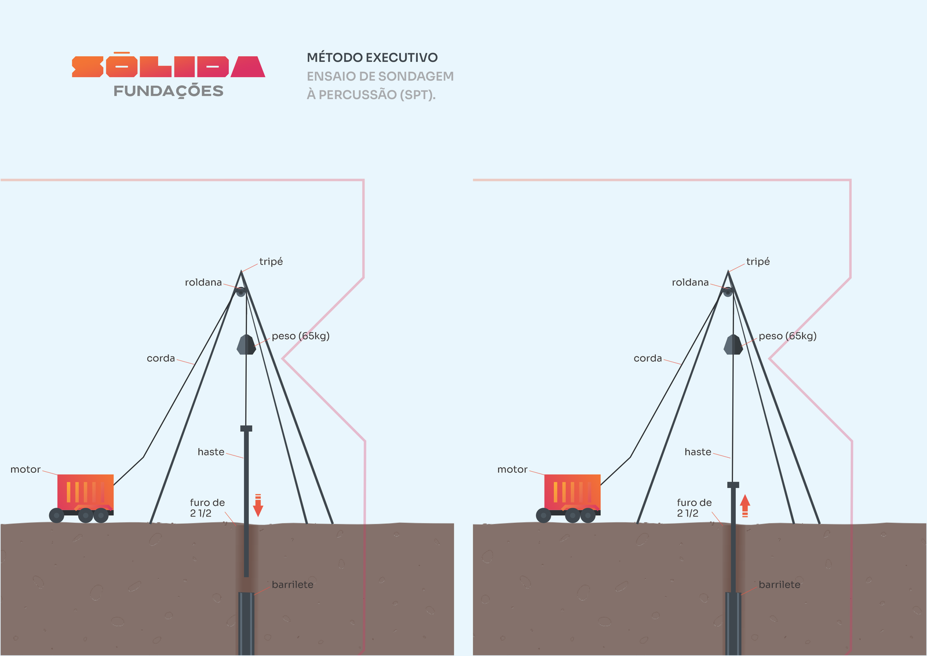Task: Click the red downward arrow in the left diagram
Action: pyautogui.click(x=258, y=505)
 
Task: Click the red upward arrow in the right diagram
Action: pyautogui.click(x=745, y=506)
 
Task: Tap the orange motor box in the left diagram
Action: pyautogui.click(x=85, y=493)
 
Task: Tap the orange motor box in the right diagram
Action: pyautogui.click(x=572, y=493)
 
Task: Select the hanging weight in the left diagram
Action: pyautogui.click(x=246, y=344)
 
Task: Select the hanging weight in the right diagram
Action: pyautogui.click(x=733, y=344)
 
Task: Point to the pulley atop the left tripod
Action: pyautogui.click(x=241, y=291)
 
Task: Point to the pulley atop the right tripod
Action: pyautogui.click(x=728, y=291)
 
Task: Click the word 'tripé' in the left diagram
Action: pyautogui.click(x=271, y=261)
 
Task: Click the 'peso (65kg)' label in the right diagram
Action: pyautogui.click(x=787, y=336)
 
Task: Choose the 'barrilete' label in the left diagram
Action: pyautogui.click(x=293, y=584)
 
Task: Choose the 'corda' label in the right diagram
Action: pyautogui.click(x=648, y=358)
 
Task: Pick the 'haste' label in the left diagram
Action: pyautogui.click(x=211, y=452)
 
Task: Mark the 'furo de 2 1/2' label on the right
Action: pyautogui.click(x=695, y=508)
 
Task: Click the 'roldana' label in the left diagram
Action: pyautogui.click(x=203, y=282)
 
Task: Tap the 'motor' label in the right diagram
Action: pyautogui.click(x=512, y=469)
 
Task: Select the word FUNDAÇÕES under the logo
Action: pyautogui.click(x=169, y=92)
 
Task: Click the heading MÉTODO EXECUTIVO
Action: pyautogui.click(x=372, y=57)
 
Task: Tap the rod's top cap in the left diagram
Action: pyautogui.click(x=246, y=428)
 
